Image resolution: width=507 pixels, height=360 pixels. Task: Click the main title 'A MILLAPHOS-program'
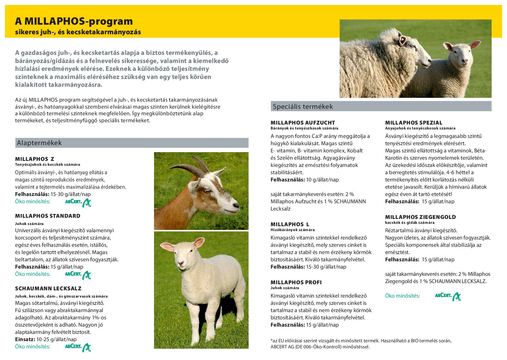74,21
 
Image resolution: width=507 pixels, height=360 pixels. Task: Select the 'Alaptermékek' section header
39,143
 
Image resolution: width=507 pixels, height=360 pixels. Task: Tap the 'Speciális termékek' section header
303,107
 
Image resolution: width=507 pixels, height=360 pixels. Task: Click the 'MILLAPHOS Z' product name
35,159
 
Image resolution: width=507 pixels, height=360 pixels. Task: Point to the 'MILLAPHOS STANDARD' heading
48,216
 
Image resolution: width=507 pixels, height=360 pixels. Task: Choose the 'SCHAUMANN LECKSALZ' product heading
48,289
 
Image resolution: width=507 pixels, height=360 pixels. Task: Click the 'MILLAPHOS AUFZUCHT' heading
303,123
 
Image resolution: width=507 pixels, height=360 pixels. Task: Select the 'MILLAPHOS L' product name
290,224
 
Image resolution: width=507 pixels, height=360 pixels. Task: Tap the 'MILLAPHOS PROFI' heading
296,282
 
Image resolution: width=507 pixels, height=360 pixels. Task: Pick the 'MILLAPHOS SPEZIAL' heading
414,123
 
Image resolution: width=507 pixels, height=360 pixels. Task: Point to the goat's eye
207,191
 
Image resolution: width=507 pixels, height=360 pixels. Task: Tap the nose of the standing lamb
181,263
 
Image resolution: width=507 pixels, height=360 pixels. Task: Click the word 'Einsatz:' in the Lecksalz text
25,339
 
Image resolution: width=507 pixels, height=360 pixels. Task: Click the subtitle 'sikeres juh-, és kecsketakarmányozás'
78,32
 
